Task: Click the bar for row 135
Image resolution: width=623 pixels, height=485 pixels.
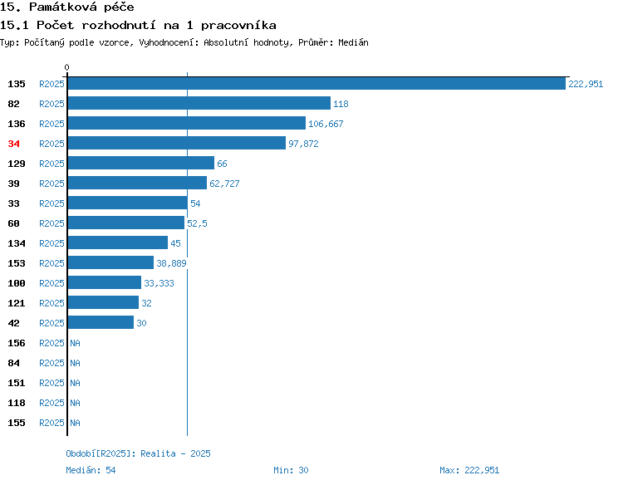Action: coord(316,83)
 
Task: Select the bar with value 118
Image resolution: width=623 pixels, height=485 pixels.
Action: coord(199,103)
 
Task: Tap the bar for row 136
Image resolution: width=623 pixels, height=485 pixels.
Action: coord(187,123)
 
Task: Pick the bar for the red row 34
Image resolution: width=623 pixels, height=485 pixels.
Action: coord(177,143)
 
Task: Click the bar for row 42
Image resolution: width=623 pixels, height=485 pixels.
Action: coord(101,322)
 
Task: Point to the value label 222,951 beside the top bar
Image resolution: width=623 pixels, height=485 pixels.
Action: coord(586,84)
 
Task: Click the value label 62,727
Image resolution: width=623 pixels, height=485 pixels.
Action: coord(224,184)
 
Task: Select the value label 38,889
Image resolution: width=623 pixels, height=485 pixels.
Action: coord(171,263)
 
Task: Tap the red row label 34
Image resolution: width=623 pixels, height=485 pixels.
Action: coord(13,144)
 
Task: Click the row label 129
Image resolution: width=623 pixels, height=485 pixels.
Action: coord(17,164)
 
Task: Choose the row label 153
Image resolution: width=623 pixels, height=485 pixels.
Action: coord(17,263)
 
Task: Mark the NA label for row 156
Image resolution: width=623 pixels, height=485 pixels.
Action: coord(75,343)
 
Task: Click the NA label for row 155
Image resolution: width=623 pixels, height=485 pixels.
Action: coord(75,423)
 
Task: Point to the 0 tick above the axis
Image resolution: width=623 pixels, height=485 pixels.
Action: coord(66,67)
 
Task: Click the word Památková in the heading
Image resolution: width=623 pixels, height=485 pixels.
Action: coord(63,7)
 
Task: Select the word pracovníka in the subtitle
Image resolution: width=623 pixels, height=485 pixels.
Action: coord(238,26)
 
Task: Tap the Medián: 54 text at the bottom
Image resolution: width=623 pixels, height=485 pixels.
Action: coord(91,470)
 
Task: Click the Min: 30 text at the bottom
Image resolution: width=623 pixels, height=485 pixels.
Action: coord(291,470)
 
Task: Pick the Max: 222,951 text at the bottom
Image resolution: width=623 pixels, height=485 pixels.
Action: coord(469,470)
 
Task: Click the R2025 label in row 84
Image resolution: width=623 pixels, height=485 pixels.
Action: coord(52,363)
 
